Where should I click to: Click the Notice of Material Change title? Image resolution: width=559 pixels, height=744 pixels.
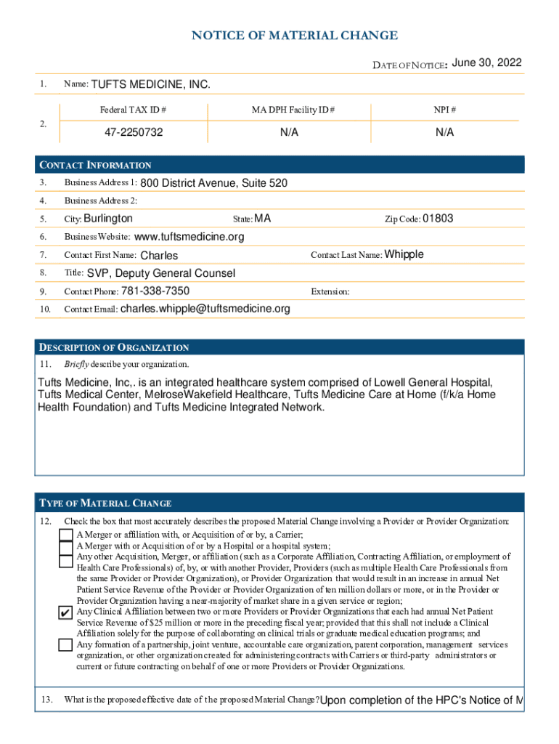coord(294,36)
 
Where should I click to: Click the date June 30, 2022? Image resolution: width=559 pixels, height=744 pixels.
coord(486,63)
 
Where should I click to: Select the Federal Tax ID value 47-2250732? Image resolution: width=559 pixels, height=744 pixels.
coord(133,132)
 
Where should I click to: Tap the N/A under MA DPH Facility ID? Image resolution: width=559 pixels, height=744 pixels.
coord(290,132)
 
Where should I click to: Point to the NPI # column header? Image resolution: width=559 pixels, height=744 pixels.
coord(444,110)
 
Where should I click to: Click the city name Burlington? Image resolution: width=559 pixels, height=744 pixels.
coord(108,218)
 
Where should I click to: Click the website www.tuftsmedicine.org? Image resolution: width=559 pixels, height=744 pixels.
coord(189,237)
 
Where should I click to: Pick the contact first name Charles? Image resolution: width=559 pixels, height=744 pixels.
coord(158,255)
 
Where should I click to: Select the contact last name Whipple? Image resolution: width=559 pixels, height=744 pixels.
coord(404,254)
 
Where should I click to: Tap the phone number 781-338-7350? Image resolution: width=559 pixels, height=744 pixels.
coord(155,291)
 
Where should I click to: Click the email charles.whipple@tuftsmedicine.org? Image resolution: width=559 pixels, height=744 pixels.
coord(205,309)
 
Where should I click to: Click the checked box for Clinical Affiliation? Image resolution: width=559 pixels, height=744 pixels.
coord(66,612)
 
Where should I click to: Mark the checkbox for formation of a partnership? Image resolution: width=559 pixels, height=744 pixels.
coord(66,645)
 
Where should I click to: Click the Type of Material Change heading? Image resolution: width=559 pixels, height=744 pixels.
coord(105,503)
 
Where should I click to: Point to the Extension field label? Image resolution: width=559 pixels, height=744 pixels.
coord(330,291)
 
